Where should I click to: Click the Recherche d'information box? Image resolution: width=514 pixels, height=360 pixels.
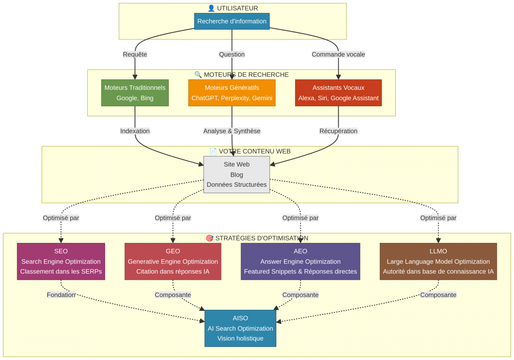(x=232, y=21)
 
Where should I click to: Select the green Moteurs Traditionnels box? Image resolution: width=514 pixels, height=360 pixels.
(x=135, y=93)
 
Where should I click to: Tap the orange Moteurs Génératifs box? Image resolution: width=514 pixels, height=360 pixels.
(x=232, y=93)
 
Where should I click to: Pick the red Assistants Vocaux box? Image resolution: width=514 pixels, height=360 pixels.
(x=338, y=93)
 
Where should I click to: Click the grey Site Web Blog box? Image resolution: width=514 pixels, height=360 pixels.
(x=236, y=174)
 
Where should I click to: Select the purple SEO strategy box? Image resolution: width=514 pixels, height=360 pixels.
(x=61, y=261)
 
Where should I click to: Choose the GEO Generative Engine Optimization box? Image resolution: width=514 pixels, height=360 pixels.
(x=173, y=261)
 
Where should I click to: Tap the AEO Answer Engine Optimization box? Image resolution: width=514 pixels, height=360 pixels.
(x=300, y=261)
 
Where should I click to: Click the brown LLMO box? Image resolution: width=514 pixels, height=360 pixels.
(x=438, y=261)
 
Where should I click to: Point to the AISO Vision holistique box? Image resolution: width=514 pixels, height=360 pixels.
(x=240, y=328)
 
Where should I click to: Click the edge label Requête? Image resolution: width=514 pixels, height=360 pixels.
(x=135, y=54)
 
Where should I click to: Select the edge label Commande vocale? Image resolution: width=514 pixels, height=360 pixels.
(x=338, y=54)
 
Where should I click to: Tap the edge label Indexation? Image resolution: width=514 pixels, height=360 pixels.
(x=135, y=131)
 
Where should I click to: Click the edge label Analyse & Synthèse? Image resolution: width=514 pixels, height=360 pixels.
(x=232, y=131)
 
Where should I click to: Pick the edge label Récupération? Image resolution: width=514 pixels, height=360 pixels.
(x=338, y=131)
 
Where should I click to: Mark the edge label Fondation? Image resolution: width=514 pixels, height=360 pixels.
(x=61, y=295)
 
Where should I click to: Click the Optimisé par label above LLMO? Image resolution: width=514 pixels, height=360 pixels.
(x=438, y=218)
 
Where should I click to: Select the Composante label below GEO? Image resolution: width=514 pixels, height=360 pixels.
(x=173, y=295)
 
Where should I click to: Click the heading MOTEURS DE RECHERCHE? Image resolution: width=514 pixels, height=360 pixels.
(x=242, y=75)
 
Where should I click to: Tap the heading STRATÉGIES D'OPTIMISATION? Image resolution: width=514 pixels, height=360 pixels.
(x=257, y=238)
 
